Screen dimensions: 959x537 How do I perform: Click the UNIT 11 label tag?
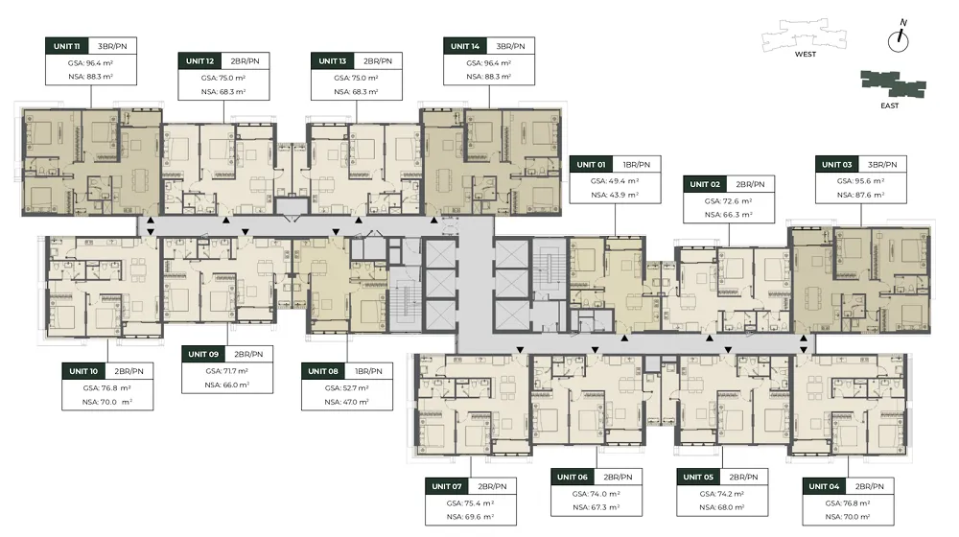point(67,46)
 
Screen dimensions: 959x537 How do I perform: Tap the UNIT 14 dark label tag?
point(465,46)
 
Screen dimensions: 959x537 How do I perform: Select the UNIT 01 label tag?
point(591,165)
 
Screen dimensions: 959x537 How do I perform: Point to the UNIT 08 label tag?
point(323,371)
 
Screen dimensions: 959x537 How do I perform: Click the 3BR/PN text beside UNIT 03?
point(882,165)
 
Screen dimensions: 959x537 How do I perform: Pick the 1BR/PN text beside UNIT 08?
point(369,371)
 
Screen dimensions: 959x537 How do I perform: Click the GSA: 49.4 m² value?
point(615,181)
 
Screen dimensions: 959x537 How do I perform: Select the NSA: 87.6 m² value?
point(861,195)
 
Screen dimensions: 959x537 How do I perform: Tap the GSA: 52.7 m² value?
point(347,387)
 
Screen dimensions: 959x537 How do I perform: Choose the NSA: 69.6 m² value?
point(470,517)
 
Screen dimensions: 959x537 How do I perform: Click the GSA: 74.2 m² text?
point(722,494)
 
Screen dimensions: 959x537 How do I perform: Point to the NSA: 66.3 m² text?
point(729,215)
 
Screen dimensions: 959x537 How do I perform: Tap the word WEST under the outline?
point(806,54)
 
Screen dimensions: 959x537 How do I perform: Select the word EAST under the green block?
point(890,105)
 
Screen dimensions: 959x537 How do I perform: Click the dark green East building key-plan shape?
point(893,83)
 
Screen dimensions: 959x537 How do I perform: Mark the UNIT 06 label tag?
point(572,477)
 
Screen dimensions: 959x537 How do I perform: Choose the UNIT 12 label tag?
point(200,61)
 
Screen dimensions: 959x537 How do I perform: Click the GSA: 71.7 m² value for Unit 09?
point(227,371)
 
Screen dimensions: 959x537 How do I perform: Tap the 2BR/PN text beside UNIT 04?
point(870,486)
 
